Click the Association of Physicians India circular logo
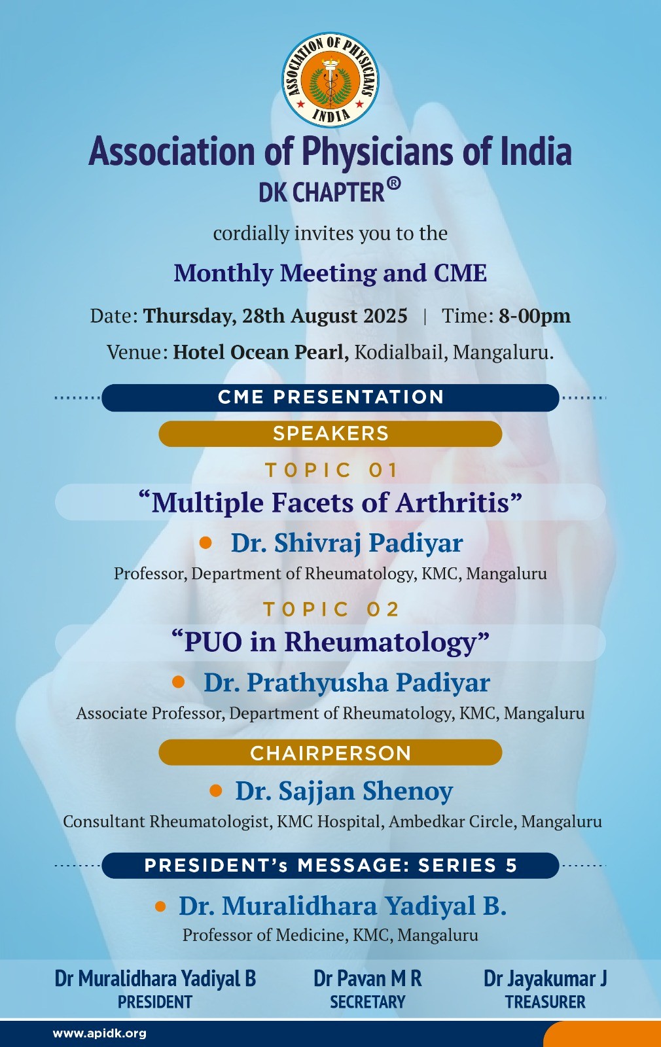330,79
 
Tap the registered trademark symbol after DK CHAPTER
393,184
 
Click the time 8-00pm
534,316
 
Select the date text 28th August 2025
325,316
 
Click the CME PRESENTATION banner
330,397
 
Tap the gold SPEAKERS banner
330,434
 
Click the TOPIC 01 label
331,470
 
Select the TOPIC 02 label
331,609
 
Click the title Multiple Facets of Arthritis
330,503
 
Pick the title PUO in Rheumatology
330,642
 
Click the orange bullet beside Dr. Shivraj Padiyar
205,542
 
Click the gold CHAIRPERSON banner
330,753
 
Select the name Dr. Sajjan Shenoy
344,791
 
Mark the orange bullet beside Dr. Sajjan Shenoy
215,791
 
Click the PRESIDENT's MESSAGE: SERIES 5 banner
330,866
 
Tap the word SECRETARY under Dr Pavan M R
367,1002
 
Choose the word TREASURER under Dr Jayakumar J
545,1002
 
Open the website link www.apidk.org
99,1033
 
